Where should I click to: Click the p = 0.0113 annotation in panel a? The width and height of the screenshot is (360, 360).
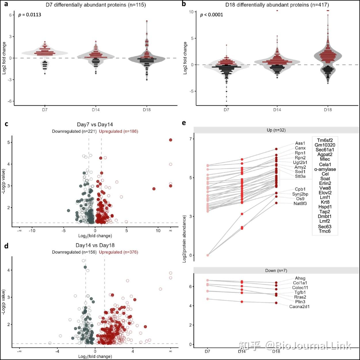[30, 15]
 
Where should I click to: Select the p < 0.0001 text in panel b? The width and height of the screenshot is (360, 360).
[211, 15]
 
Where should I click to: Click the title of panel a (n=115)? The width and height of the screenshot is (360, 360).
[96, 5]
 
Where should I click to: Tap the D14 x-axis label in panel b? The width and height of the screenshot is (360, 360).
[277, 110]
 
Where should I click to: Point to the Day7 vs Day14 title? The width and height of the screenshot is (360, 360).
[95, 125]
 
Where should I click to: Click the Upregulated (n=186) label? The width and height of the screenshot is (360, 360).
[118, 132]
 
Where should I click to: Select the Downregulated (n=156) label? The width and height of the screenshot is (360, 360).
[74, 252]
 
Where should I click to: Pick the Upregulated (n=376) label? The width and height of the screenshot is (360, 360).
[118, 252]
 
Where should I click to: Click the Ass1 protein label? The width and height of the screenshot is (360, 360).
[300, 143]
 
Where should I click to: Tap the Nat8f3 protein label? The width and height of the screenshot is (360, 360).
[300, 204]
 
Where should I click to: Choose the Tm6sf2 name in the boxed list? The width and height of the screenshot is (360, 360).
[325, 140]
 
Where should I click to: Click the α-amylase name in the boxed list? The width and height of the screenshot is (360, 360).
[325, 169]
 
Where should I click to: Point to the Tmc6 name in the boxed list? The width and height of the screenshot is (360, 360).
[325, 231]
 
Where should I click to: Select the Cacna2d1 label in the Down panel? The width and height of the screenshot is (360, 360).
[299, 306]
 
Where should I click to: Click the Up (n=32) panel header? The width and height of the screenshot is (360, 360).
[276, 130]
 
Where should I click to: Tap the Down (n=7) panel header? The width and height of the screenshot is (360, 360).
[276, 271]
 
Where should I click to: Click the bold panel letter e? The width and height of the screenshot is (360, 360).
[184, 123]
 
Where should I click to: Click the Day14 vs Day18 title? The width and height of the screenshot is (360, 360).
[95, 245]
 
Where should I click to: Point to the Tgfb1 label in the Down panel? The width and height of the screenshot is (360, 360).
[300, 292]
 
